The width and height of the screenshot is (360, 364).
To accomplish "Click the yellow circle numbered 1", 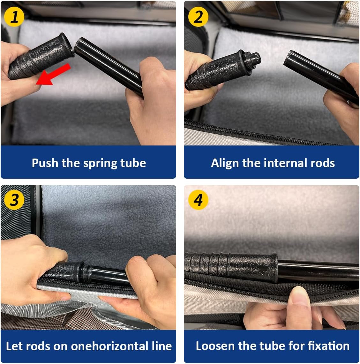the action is click(x=14, y=17).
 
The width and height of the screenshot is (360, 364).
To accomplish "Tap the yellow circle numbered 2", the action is click(x=198, y=17).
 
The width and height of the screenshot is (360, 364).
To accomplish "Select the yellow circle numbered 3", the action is click(x=14, y=200).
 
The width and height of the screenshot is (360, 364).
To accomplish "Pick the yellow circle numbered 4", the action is click(x=198, y=200).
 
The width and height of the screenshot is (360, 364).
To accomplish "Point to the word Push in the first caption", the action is click(x=45, y=163).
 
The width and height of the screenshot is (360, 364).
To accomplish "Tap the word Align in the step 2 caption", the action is click(x=225, y=163).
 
